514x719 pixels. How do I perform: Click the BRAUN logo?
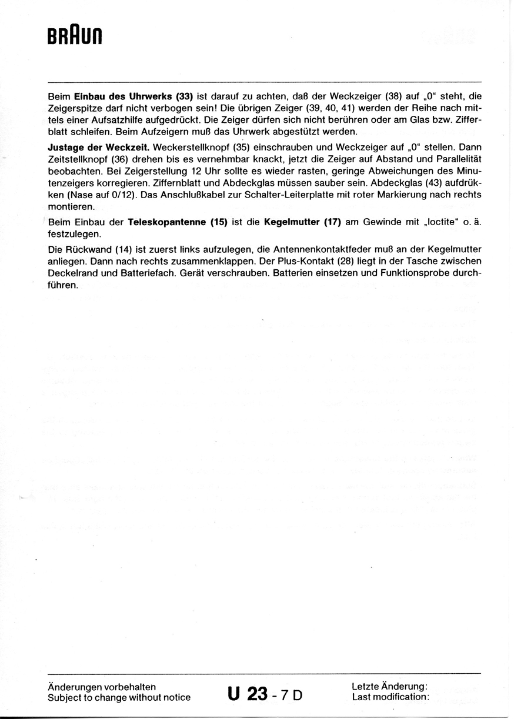click(75, 37)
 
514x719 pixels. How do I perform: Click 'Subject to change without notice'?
click(119, 698)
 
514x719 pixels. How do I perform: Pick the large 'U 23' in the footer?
click(248, 694)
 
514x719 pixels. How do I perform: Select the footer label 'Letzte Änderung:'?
click(389, 687)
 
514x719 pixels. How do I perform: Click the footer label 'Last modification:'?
click(390, 697)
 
